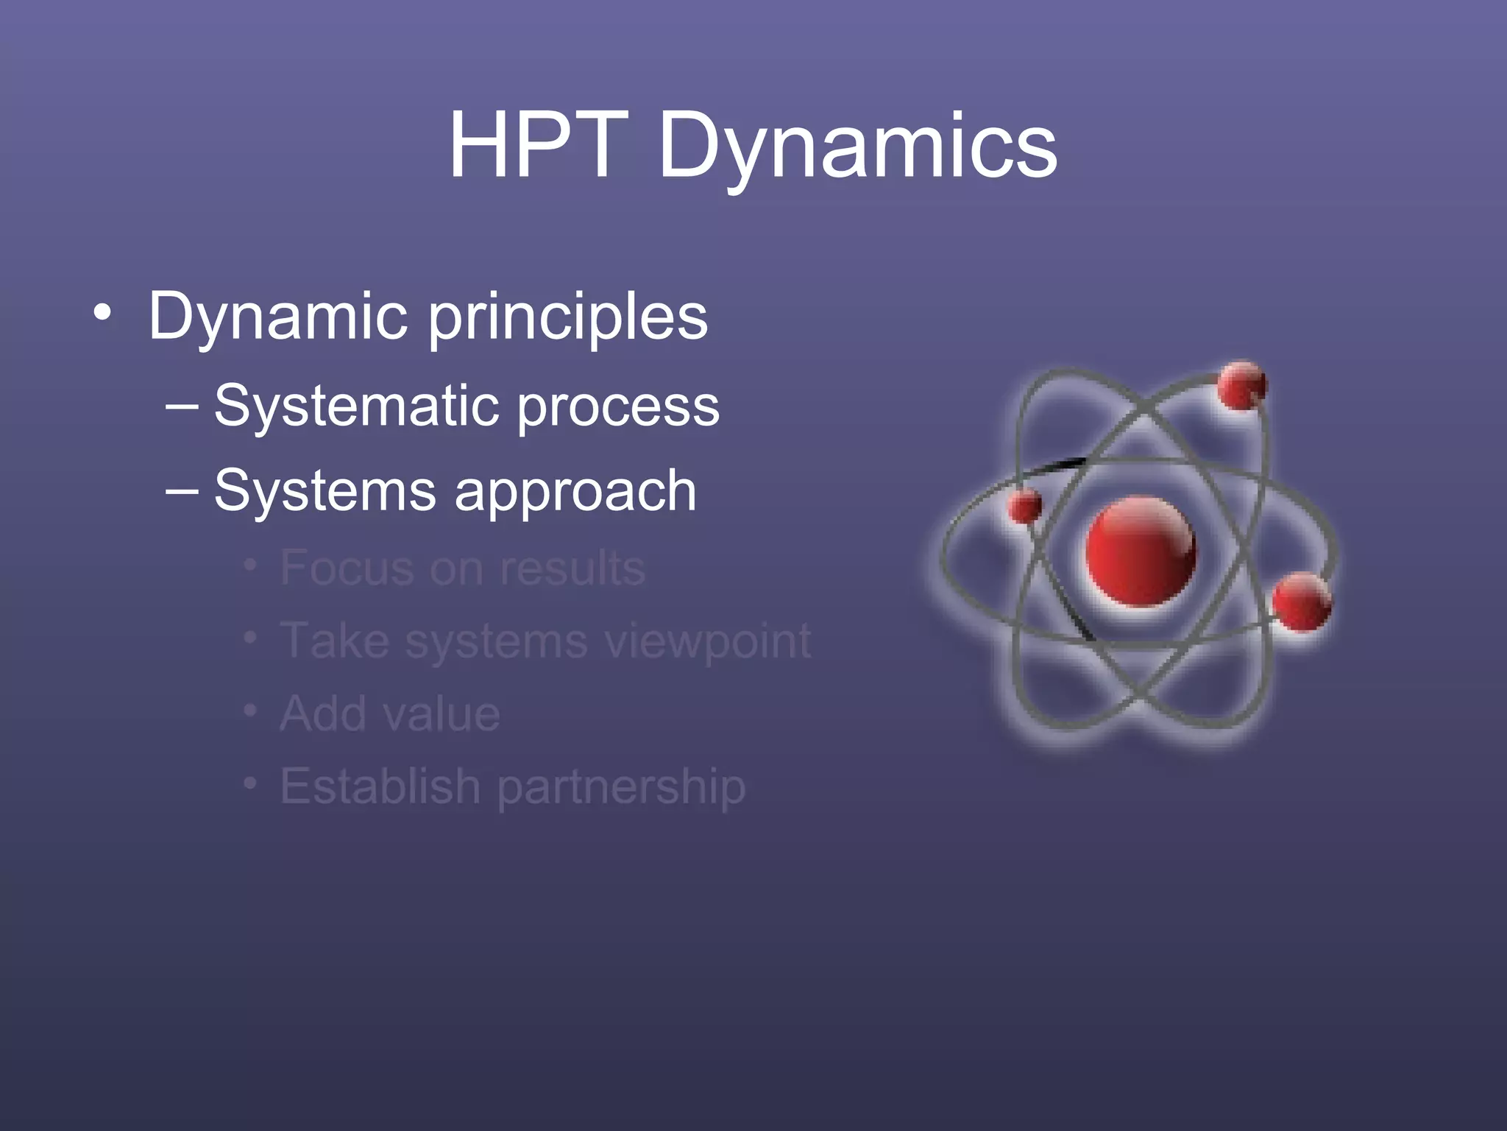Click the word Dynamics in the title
(857, 147)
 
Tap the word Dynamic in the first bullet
(278, 317)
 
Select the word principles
(568, 318)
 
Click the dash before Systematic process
(182, 406)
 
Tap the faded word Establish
(380, 786)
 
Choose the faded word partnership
(621, 788)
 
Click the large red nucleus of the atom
(1140, 552)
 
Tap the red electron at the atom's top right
(1241, 385)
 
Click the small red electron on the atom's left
(1024, 507)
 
